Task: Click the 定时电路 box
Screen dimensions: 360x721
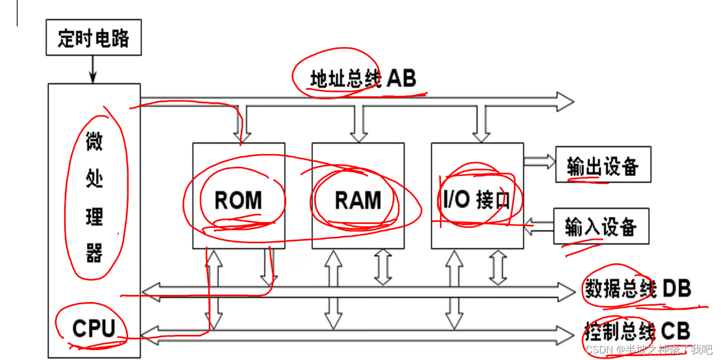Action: [x=93, y=38]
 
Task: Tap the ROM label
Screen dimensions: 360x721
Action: [x=238, y=201]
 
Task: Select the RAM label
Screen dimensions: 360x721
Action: [x=358, y=201]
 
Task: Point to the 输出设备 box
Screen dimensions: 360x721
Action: [x=603, y=165]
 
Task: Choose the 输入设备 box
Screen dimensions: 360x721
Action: [x=601, y=226]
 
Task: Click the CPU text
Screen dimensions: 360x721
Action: [x=94, y=328]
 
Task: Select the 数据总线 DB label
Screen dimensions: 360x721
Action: [x=636, y=288]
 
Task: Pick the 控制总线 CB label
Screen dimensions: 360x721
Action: [x=636, y=331]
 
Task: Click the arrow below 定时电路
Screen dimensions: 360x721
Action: [x=93, y=69]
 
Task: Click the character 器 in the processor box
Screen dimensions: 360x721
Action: [x=94, y=254]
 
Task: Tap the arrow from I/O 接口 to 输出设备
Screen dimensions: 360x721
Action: [x=539, y=161]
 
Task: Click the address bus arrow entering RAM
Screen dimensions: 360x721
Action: [x=359, y=123]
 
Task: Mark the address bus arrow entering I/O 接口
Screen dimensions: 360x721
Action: [x=483, y=123]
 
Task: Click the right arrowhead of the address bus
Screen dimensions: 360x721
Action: [x=564, y=101]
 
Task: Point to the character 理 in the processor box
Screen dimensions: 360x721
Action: [x=94, y=217]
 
